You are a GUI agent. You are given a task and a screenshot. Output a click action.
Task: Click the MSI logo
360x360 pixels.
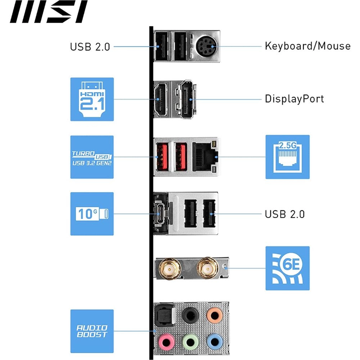49,12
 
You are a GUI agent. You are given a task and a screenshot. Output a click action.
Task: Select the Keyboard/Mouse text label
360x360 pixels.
307,46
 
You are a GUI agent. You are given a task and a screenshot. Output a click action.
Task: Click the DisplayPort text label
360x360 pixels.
294,99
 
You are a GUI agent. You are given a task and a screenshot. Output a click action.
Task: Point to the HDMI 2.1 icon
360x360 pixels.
92,99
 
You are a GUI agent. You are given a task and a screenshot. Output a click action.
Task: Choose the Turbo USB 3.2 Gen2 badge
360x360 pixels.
92,157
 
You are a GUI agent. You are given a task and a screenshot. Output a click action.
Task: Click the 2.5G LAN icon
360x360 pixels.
287,157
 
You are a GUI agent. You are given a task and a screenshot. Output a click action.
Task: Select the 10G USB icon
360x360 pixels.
92,213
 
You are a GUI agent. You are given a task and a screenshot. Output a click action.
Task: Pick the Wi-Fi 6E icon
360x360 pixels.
287,268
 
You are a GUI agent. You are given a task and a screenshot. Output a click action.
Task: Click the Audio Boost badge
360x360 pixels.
92,331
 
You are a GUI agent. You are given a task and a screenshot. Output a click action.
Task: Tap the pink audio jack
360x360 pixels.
165,340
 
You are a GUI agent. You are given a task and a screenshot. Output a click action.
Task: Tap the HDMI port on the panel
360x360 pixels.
161,99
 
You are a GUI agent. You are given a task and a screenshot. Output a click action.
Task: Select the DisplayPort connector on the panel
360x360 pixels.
185,99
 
